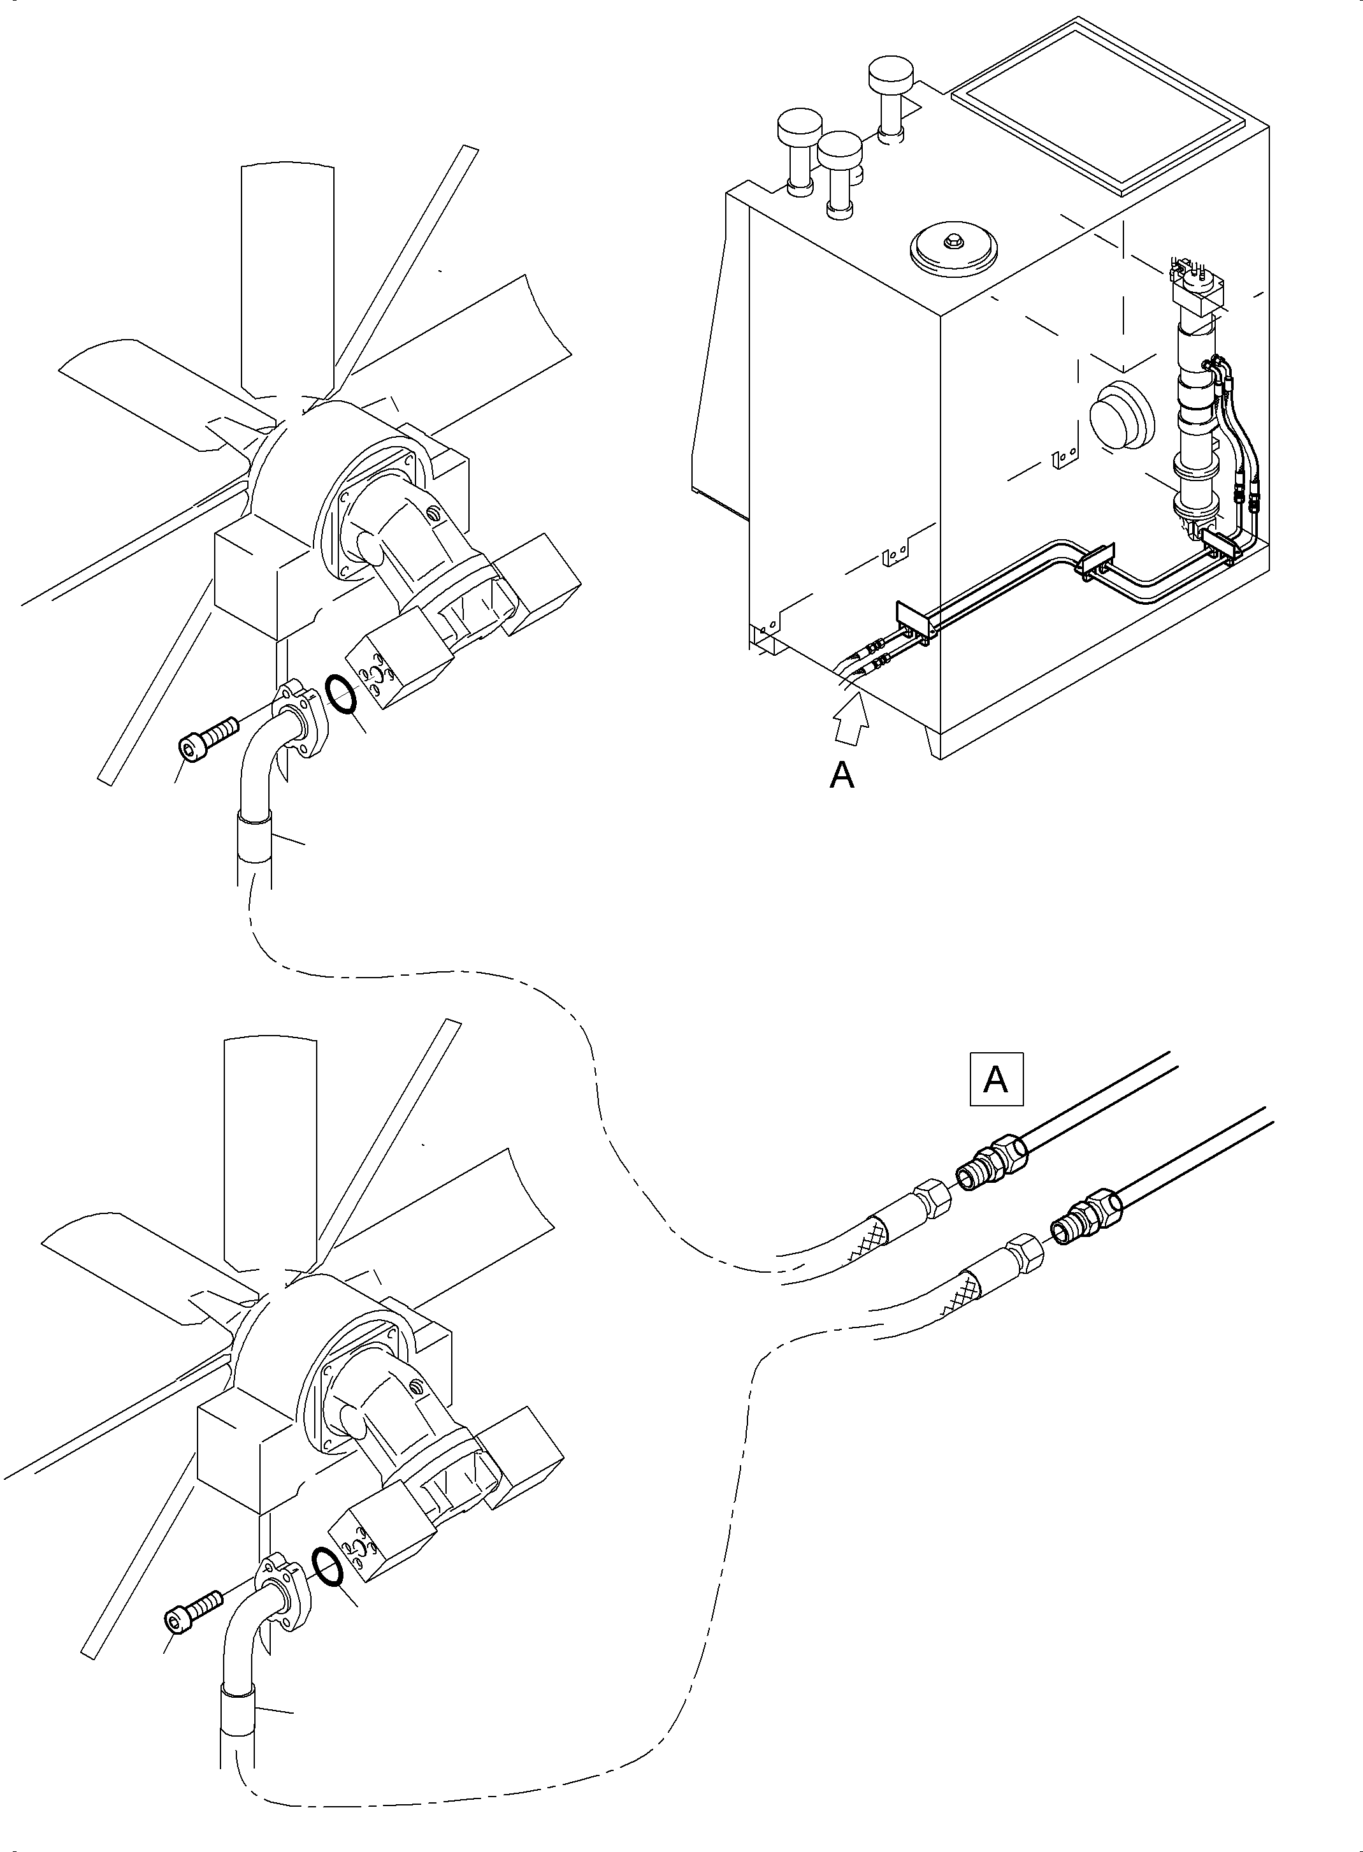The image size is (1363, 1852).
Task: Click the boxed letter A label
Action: pyautogui.click(x=996, y=1078)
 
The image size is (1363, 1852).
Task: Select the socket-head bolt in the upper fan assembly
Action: pyautogui.click(x=206, y=737)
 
